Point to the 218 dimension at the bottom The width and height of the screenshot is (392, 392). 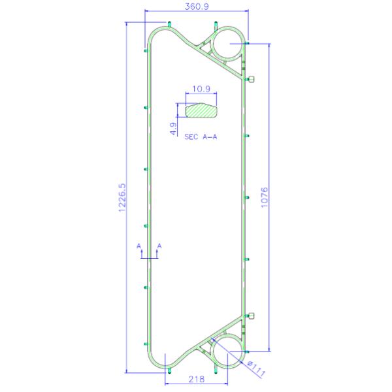tap(196, 380)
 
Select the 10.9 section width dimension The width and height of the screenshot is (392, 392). tap(201, 89)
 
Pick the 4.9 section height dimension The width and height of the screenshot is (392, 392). tap(173, 128)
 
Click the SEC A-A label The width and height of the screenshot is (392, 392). tap(201, 137)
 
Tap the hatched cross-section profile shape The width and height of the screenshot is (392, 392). tap(201, 110)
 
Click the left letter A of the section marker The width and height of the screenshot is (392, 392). tap(139, 246)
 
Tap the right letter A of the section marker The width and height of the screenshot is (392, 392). tap(159, 246)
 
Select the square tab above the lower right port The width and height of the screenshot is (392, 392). tap(251, 316)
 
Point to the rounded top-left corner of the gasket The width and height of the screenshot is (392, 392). tap(152, 37)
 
